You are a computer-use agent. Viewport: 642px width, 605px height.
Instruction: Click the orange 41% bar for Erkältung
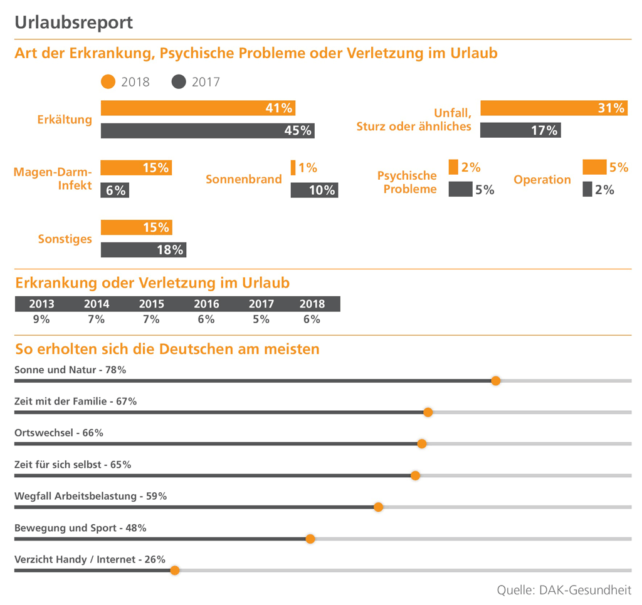197,108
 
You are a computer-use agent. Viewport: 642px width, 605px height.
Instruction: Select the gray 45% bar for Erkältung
207,130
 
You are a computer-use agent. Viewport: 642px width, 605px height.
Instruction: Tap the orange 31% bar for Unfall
553,108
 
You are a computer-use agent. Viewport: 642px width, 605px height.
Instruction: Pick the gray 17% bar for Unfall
520,130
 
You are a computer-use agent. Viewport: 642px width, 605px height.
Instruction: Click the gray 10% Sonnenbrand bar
314,190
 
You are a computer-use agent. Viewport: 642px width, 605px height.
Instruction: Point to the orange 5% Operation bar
594,167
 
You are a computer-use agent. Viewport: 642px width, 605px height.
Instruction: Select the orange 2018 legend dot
108,81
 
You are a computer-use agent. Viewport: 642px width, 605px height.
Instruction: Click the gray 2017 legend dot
179,81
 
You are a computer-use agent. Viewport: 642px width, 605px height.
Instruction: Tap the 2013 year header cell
41,304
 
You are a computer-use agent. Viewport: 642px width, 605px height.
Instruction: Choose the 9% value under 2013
41,319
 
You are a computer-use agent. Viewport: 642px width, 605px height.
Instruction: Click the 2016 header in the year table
206,304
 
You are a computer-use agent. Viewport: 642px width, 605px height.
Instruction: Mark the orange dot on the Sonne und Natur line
495,381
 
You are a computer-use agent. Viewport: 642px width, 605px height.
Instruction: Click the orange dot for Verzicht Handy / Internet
175,570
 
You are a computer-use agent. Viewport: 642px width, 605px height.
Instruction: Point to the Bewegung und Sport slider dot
310,539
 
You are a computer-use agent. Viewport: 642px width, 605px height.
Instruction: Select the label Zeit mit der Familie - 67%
75,401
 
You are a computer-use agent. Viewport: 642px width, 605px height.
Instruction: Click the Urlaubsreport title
73,23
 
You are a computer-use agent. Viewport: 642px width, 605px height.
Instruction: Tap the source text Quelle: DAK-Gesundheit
564,590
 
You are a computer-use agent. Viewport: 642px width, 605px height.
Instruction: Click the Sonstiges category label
65,239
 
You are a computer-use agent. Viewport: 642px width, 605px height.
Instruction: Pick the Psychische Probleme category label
407,182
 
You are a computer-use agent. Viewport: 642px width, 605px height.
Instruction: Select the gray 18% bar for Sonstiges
144,249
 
